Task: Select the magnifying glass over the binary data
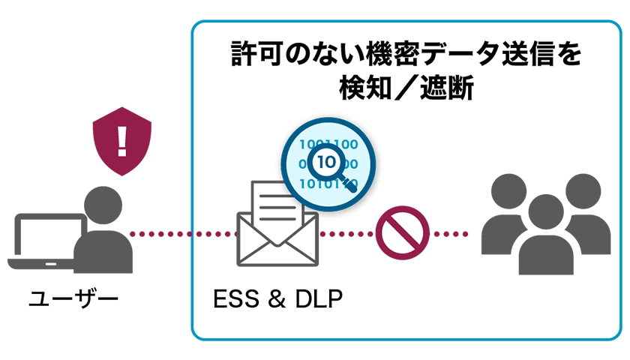coord(323,162)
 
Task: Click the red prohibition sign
coord(402,234)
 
